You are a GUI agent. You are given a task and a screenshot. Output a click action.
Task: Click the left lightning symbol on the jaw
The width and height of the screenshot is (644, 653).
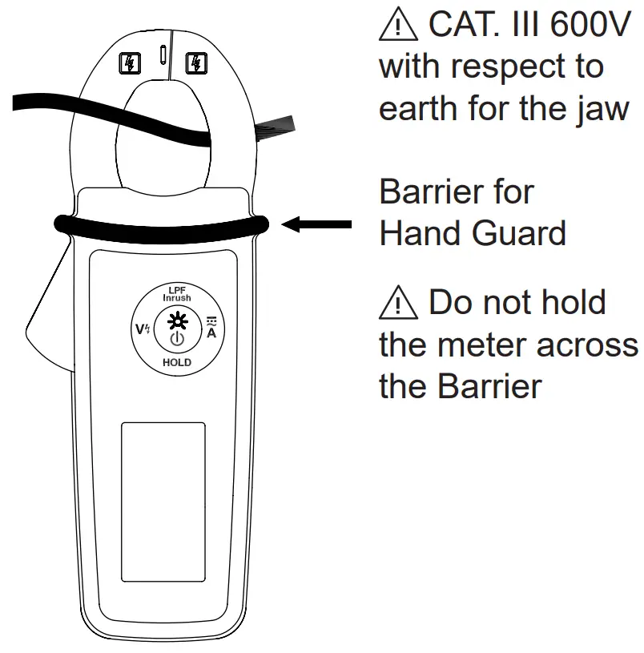coord(129,62)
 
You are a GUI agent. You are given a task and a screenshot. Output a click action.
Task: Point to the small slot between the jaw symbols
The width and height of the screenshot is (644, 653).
coord(163,55)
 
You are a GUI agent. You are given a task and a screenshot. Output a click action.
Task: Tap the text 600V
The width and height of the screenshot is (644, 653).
coord(588,26)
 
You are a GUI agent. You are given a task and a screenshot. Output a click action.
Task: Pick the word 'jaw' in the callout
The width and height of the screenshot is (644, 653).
coord(602,108)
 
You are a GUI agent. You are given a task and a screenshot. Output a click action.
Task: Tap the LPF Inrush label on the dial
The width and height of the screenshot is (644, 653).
coord(177,293)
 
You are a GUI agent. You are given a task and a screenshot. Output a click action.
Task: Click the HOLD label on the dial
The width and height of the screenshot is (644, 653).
coord(177,363)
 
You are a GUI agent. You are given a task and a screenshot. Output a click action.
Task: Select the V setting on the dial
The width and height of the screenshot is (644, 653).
coord(140,329)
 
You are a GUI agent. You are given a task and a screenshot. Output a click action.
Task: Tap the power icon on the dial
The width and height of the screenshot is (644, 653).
coord(177,340)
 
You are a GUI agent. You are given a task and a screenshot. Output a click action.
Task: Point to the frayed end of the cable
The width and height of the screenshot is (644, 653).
coord(276,128)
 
